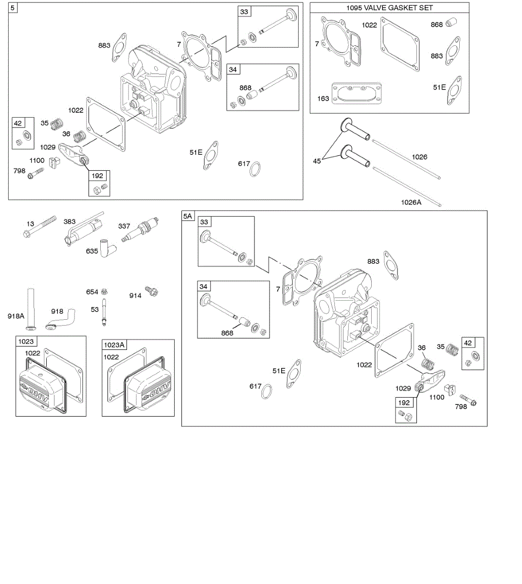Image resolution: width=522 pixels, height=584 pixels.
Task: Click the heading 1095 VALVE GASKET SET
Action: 389,8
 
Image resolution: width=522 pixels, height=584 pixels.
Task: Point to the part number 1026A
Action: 411,202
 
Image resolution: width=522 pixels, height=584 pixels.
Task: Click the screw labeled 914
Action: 152,292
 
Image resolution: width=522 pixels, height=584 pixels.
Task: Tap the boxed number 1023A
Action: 114,345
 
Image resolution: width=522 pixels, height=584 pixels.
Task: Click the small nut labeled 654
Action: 104,292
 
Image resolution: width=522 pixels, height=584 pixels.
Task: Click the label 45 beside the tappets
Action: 317,161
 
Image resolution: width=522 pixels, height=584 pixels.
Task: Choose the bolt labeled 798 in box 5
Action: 36,173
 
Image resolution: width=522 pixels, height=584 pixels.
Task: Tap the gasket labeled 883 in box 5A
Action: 392,264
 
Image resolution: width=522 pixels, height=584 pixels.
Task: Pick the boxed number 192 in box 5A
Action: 404,402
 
